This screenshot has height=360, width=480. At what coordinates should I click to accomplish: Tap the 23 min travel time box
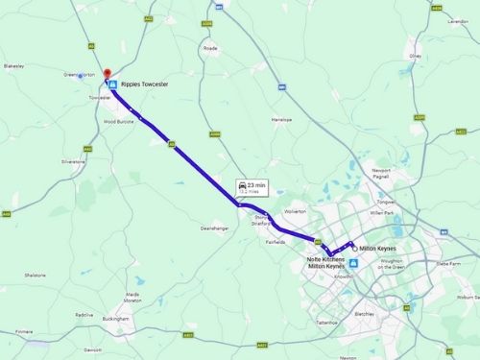point(252,187)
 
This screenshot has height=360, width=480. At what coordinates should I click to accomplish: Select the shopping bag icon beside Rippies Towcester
point(113,85)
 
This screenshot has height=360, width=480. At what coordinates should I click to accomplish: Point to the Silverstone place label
point(73,161)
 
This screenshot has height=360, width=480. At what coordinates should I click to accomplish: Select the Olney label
point(415,56)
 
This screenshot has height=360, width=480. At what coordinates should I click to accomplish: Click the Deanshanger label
point(213,228)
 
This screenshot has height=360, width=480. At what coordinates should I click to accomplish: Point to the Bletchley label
point(364,313)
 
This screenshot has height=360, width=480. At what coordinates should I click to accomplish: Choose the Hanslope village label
point(280,120)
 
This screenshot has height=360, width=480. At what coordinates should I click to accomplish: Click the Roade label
point(210,47)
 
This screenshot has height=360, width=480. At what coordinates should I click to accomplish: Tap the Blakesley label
point(13,66)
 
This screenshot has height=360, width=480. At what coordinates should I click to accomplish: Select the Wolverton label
point(295,209)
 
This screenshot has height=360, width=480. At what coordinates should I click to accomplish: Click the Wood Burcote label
point(119,122)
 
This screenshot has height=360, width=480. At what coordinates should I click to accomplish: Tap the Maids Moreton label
point(132,297)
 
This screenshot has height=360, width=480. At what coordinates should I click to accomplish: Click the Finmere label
point(24,332)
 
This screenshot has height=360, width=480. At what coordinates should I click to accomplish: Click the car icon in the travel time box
point(242,183)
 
